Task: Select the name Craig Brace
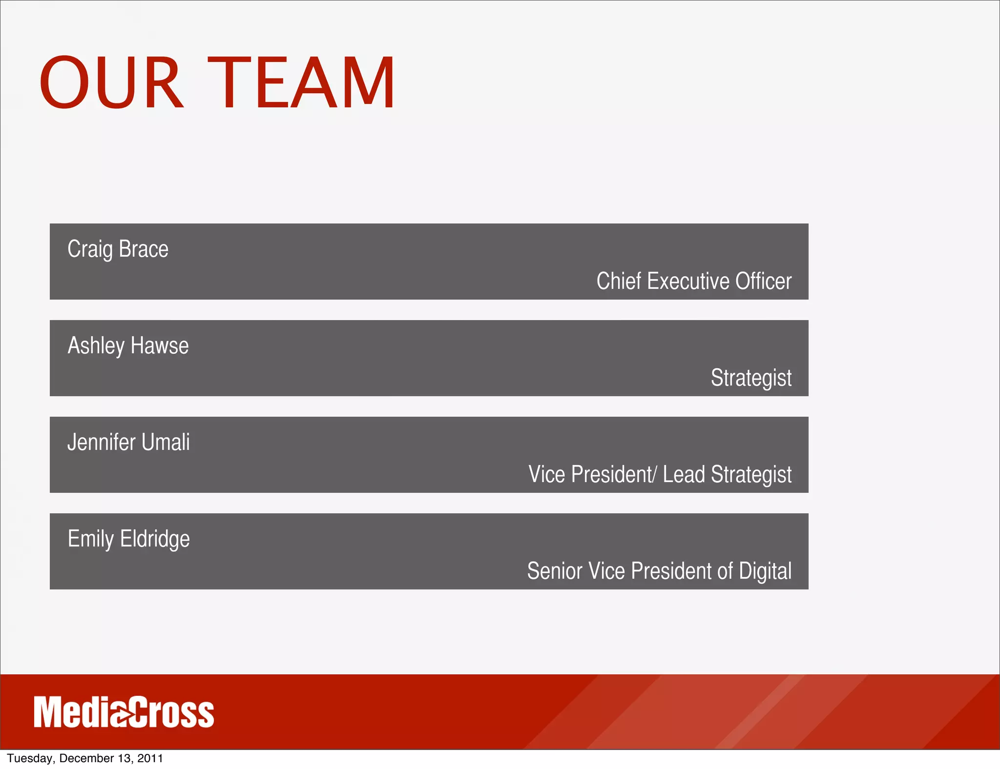pos(118,249)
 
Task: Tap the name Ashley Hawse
pos(128,346)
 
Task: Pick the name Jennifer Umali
pos(128,443)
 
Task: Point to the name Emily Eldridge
pos(128,539)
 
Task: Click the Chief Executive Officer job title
pos(694,281)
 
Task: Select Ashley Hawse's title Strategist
pos(751,378)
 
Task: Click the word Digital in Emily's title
pos(765,571)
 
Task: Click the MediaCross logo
pos(124,712)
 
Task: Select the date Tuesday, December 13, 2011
pos(85,758)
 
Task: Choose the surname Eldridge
pos(155,539)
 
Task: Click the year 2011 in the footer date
pos(150,758)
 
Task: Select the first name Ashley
pos(96,346)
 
